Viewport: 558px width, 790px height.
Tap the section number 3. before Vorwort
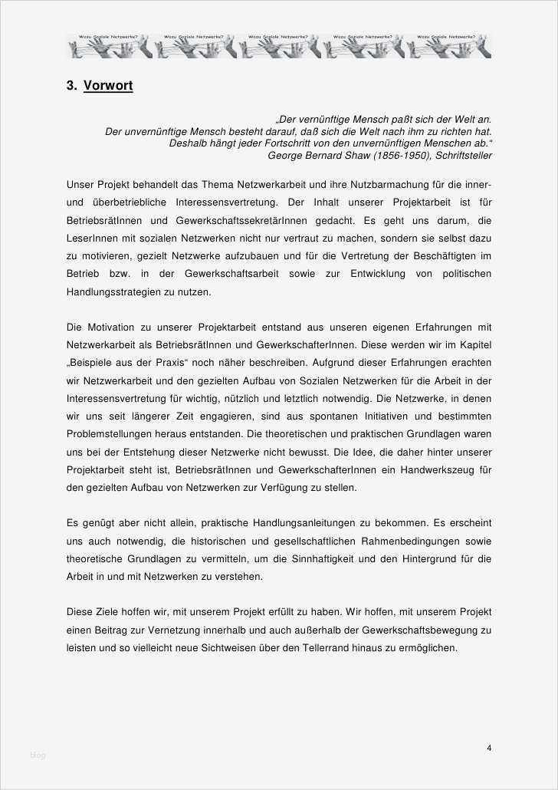[71, 86]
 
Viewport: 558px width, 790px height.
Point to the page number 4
[488, 748]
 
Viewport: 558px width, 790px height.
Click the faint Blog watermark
[38, 755]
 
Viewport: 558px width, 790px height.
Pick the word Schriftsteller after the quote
[462, 155]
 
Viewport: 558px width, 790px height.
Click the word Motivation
[114, 328]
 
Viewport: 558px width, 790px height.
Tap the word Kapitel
[474, 345]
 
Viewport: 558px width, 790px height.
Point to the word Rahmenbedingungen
[399, 541]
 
